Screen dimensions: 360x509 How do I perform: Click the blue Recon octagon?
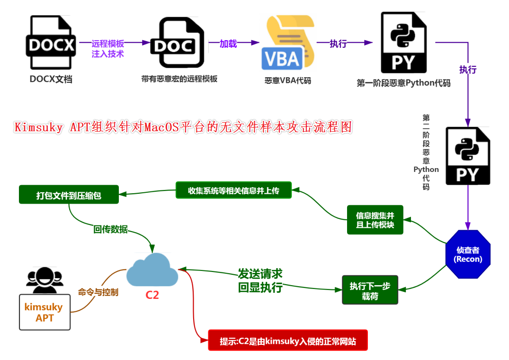(x=468, y=254)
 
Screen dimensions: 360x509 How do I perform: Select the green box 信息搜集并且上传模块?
(x=375, y=220)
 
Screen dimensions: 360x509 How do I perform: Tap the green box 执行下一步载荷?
(x=370, y=290)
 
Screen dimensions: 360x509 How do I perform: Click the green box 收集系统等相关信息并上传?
(x=233, y=190)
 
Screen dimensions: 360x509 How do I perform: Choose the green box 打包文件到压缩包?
(x=69, y=195)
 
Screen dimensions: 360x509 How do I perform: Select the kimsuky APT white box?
(x=45, y=312)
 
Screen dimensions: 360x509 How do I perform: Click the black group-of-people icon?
(x=45, y=280)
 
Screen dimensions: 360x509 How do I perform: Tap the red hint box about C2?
(x=287, y=341)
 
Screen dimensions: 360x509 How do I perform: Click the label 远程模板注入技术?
(x=107, y=49)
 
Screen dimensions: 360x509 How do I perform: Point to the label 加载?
(x=228, y=44)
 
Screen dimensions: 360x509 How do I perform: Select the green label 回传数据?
(x=110, y=229)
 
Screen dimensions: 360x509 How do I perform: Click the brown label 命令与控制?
(x=98, y=292)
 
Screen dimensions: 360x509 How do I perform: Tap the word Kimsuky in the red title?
(x=38, y=127)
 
